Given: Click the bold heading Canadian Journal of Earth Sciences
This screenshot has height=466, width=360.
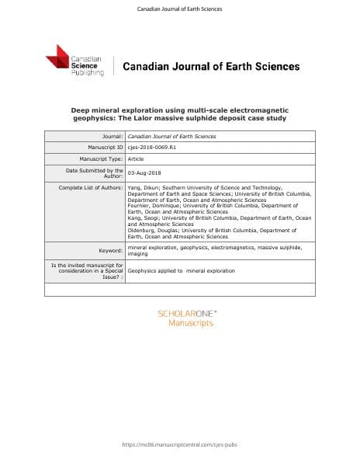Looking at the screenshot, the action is [x=211, y=67].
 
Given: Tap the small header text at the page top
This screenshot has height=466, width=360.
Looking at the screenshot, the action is [x=179, y=9].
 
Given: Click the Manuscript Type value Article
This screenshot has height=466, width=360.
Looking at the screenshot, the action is [x=136, y=158].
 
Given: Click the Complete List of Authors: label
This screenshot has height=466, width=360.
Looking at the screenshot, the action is [x=91, y=188].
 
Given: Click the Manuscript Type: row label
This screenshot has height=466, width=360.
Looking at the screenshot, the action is [x=95, y=158].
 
